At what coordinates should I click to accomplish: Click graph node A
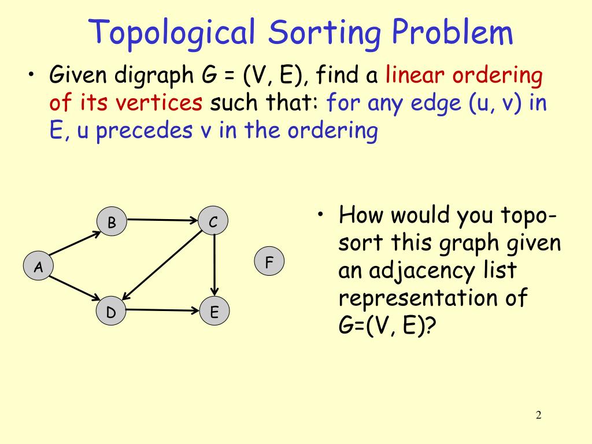38,267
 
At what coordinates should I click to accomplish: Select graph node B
112,222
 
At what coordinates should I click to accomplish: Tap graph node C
213,222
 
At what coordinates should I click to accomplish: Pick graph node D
111,312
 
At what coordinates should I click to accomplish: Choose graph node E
214,312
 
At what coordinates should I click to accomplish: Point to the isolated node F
269,262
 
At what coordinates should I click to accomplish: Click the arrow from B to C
162,220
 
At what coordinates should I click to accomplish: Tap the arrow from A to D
75,288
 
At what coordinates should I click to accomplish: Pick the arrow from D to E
162,310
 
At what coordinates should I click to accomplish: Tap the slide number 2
538,415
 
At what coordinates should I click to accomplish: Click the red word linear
416,76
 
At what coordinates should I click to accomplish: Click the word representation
417,299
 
